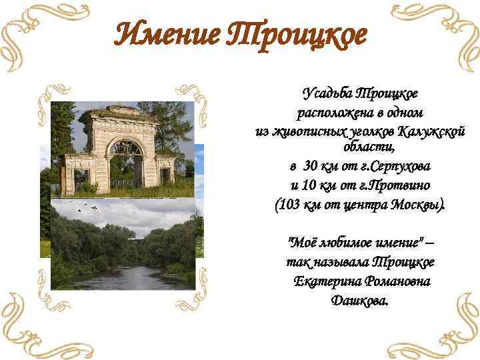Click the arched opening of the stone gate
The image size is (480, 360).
(127, 159)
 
